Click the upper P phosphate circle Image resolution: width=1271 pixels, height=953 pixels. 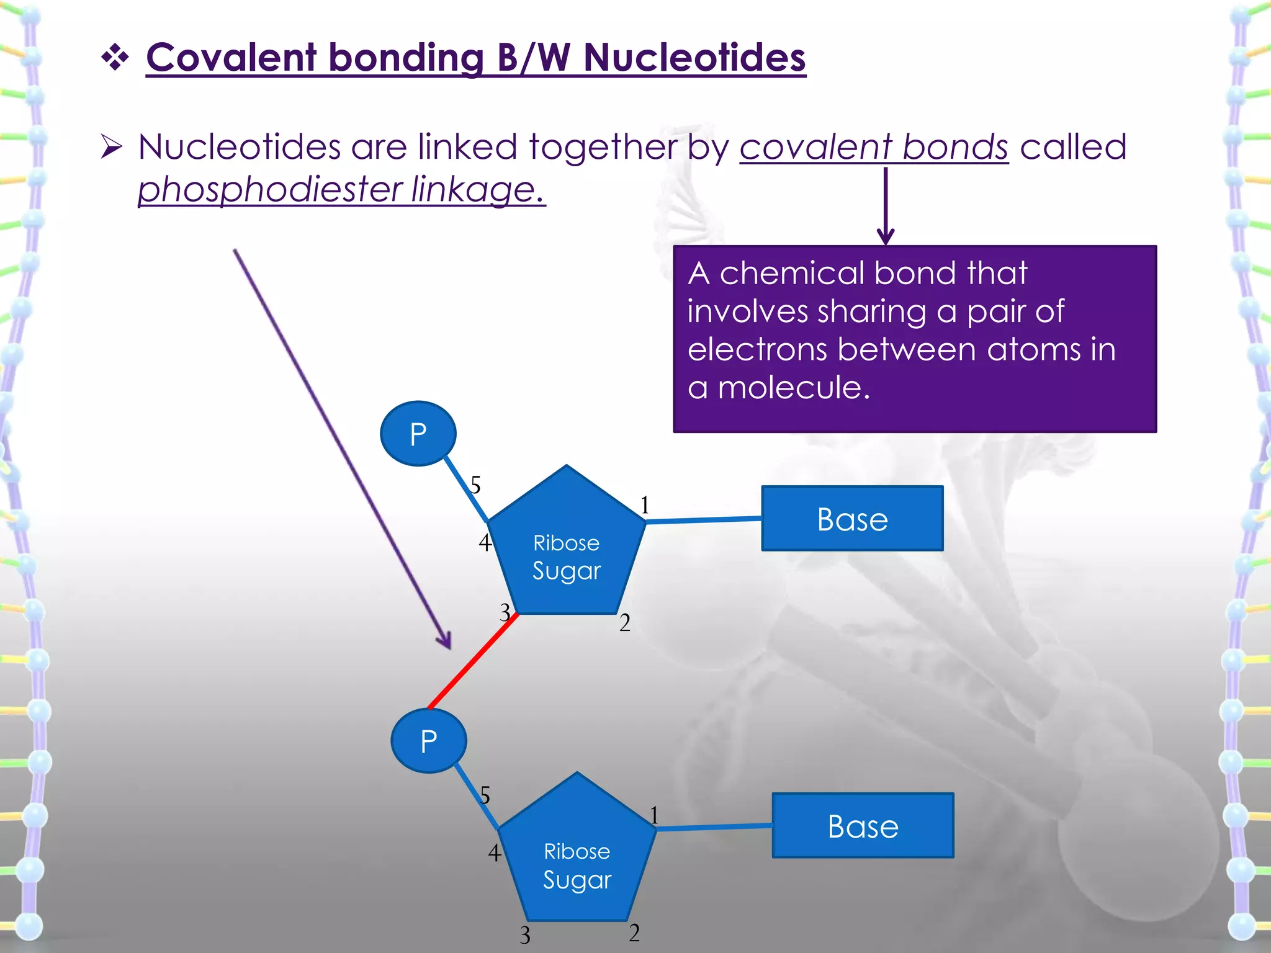[x=418, y=434]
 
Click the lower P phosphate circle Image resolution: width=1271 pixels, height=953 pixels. [x=428, y=741]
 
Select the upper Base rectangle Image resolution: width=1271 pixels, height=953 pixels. [x=852, y=519]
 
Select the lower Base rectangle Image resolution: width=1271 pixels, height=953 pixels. [x=863, y=826]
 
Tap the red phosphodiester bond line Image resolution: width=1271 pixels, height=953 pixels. [x=473, y=661]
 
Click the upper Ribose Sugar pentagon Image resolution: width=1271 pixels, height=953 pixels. [x=566, y=552]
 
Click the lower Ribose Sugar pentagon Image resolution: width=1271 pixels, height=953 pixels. [x=577, y=862]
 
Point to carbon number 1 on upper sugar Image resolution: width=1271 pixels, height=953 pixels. [x=645, y=505]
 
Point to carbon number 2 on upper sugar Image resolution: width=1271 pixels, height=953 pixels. [x=625, y=622]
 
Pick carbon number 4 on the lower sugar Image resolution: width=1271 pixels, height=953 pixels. [x=494, y=852]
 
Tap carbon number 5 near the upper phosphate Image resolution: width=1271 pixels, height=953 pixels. [x=475, y=485]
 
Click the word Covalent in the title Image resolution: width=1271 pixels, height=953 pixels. [x=231, y=58]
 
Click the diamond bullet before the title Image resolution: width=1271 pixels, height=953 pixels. [x=115, y=58]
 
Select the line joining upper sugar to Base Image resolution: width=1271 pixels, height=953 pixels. [x=703, y=520]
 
